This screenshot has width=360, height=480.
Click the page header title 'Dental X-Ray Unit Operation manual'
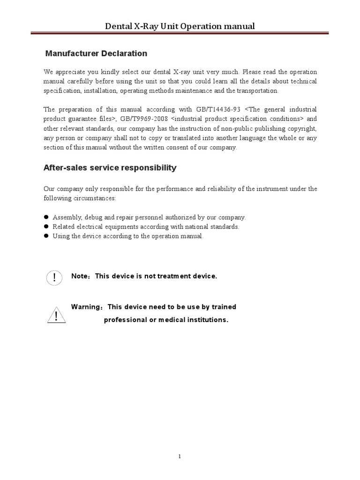(x=180, y=26)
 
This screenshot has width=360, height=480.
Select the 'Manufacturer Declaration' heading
(x=96, y=53)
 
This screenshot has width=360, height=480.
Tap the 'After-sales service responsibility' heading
(x=110, y=167)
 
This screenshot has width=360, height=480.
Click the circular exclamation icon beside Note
(x=55, y=277)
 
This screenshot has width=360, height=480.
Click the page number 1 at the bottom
(x=180, y=457)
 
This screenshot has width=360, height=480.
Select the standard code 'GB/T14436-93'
(x=217, y=109)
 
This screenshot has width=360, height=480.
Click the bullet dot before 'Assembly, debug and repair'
(x=46, y=217)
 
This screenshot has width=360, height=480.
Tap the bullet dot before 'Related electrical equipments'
(x=46, y=226)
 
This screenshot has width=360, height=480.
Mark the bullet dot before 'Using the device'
(x=46, y=236)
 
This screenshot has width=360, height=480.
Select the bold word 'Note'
(x=79, y=276)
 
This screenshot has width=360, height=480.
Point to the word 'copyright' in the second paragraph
(x=300, y=128)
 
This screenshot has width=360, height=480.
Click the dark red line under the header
(x=180, y=33)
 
